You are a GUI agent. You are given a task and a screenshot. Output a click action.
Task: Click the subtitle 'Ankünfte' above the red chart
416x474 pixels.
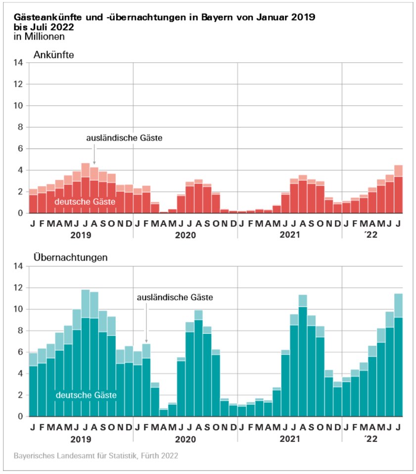53,55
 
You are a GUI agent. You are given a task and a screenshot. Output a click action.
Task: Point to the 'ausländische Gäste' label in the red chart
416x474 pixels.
124,138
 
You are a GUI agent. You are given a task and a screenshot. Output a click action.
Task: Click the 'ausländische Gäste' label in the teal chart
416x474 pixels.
175,298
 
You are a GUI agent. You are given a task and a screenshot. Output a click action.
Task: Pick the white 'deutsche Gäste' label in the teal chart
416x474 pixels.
87,395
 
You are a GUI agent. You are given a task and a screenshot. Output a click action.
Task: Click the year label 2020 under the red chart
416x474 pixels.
185,235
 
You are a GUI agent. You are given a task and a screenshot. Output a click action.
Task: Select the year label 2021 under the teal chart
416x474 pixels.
290,438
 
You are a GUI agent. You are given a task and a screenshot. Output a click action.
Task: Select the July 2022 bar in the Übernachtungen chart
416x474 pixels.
399,355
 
